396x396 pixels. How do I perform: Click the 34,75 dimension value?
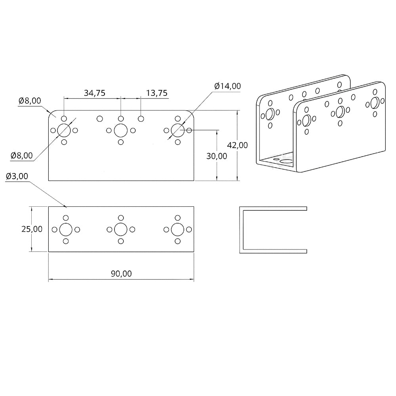pyautogui.click(x=94, y=93)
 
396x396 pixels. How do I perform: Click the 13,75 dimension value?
pyautogui.click(x=157, y=93)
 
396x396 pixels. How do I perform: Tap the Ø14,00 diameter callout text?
pyautogui.click(x=227, y=86)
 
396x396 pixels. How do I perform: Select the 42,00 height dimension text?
pyautogui.click(x=238, y=145)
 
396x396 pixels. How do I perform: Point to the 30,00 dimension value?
pyautogui.click(x=217, y=156)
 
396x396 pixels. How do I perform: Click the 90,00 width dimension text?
pyautogui.click(x=121, y=274)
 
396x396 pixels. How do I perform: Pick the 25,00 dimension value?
pyautogui.click(x=32, y=229)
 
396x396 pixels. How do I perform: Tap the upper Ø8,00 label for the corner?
pyautogui.click(x=29, y=101)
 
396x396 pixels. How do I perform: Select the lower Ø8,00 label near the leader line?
pyautogui.click(x=22, y=156)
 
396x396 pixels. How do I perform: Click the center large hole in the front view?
pyautogui.click(x=120, y=130)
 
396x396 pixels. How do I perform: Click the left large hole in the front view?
pyautogui.click(x=64, y=130)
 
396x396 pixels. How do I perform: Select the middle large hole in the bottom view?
pyautogui.click(x=120, y=229)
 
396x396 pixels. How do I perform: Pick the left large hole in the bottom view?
pyautogui.click(x=66, y=229)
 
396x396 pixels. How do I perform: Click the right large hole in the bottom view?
pyautogui.click(x=177, y=229)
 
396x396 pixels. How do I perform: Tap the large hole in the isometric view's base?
pyautogui.click(x=285, y=161)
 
